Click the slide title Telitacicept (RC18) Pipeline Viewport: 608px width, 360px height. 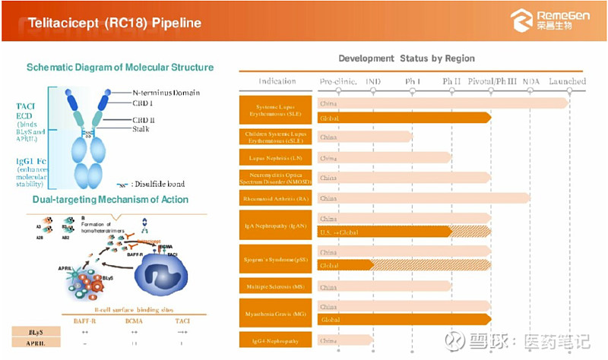click(115, 23)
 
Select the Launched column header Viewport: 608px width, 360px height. click(567, 81)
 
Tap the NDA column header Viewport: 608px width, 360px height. click(531, 81)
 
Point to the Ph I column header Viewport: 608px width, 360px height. click(413, 81)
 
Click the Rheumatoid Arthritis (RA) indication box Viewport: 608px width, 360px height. click(277, 198)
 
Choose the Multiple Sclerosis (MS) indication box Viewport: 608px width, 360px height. click(277, 287)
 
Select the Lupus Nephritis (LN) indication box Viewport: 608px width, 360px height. click(277, 158)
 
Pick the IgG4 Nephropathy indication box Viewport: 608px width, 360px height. click(277, 340)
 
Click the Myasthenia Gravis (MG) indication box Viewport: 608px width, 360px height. click(277, 313)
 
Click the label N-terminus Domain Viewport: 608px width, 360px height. click(166, 93)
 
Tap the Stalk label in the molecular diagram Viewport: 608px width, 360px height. click(143, 129)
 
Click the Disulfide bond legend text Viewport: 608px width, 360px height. click(157, 184)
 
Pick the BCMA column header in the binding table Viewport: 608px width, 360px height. click(135, 321)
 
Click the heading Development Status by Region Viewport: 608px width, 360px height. click(407, 58)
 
